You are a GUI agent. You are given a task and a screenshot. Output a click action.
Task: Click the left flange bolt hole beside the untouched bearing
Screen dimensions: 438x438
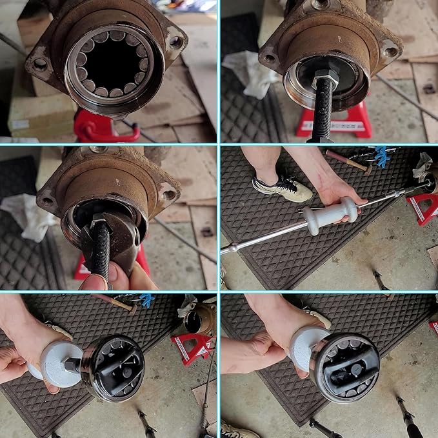40,64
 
